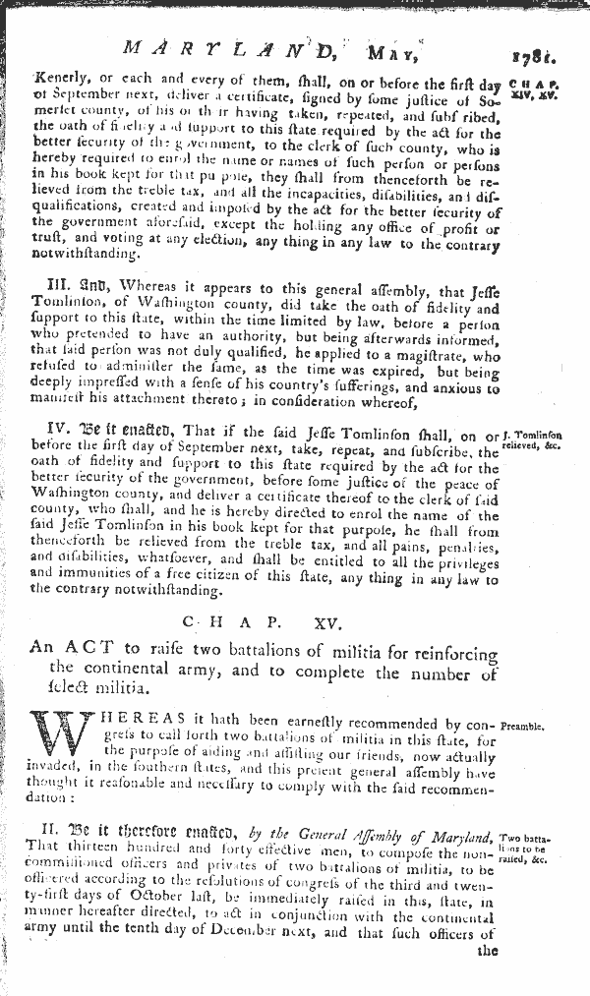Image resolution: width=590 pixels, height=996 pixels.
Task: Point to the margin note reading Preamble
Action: click(x=528, y=730)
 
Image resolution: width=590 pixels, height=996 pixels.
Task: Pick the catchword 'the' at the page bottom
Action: click(x=488, y=951)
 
